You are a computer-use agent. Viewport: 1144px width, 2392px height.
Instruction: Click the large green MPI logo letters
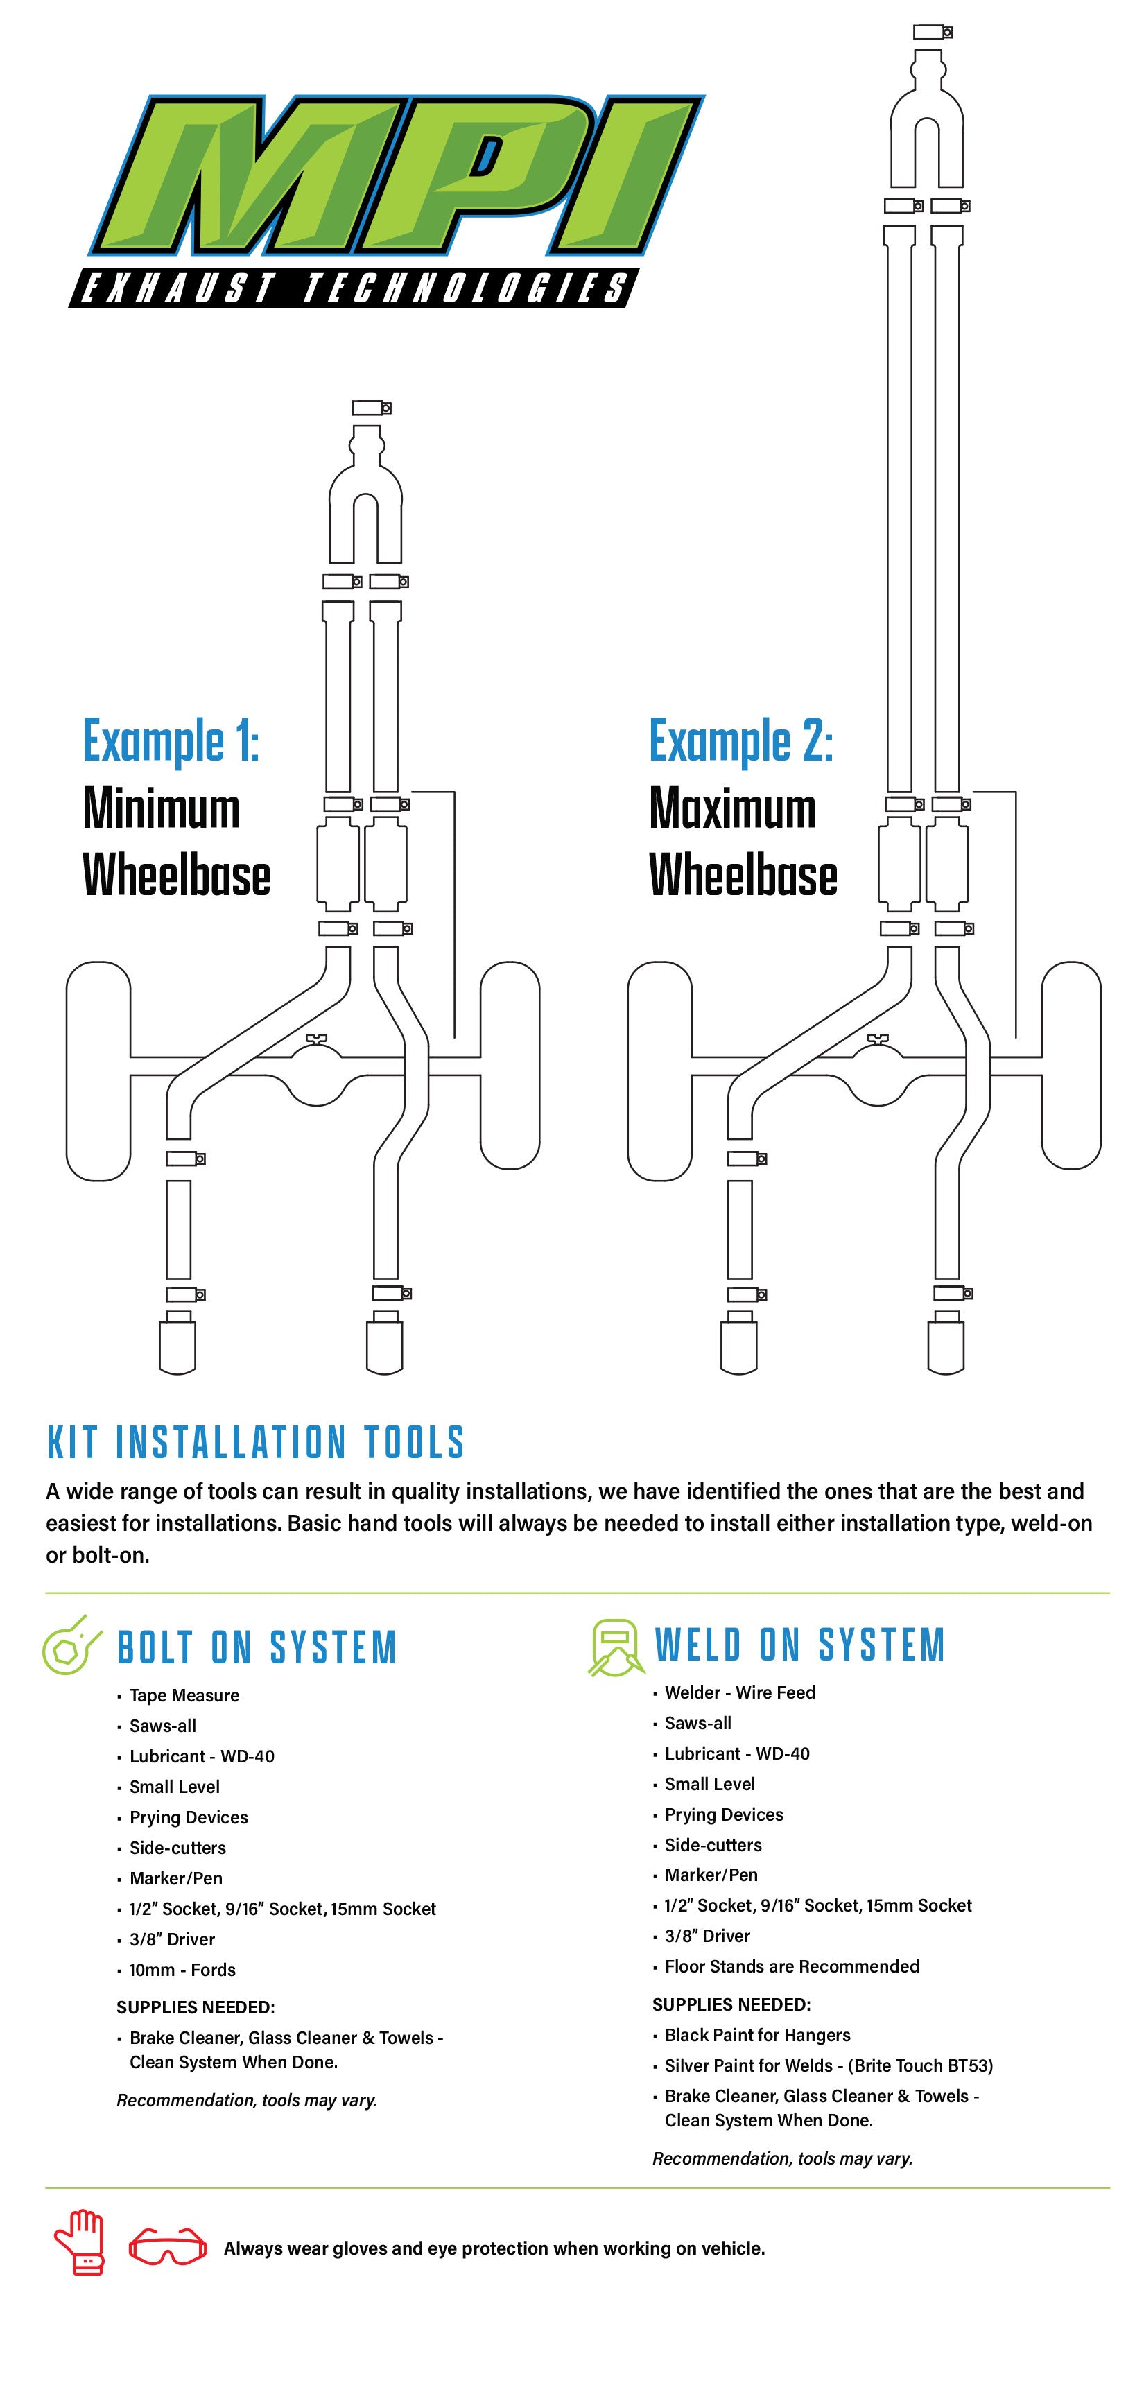pos(390,176)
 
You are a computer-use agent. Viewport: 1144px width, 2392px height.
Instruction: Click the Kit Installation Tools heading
pos(255,1442)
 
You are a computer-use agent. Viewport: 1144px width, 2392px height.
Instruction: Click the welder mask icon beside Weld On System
pos(615,1647)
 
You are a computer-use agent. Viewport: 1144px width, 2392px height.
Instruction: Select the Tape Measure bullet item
pos(184,1696)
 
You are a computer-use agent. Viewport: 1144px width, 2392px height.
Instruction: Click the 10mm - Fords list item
pos(182,1970)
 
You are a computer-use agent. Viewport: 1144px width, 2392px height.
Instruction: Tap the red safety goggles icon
pos(167,2247)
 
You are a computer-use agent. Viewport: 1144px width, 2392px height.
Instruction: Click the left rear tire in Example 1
pos(98,1071)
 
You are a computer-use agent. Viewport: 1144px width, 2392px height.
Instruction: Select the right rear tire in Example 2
pos(1071,1065)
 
